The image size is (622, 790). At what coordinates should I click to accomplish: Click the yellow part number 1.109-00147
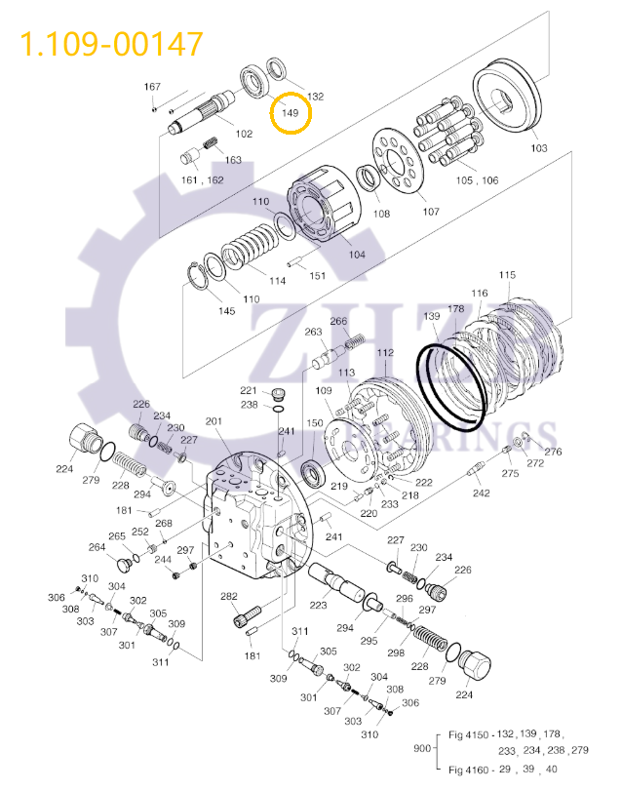coord(112,44)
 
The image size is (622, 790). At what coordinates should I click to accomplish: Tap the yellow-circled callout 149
coord(290,114)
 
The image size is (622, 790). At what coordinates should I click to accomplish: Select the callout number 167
coord(152,87)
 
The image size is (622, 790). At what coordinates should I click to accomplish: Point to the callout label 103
coord(539,148)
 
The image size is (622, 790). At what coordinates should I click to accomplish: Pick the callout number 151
coord(318,276)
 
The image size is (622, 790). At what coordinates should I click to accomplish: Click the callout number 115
coord(507,276)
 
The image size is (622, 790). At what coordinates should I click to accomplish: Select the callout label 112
coord(385,352)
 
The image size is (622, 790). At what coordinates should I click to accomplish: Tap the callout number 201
coord(214,421)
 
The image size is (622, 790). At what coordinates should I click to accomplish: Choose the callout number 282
coord(229,596)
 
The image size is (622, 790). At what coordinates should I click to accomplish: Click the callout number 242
coord(482,493)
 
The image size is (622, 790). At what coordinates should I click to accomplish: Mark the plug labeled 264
coord(124,565)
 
